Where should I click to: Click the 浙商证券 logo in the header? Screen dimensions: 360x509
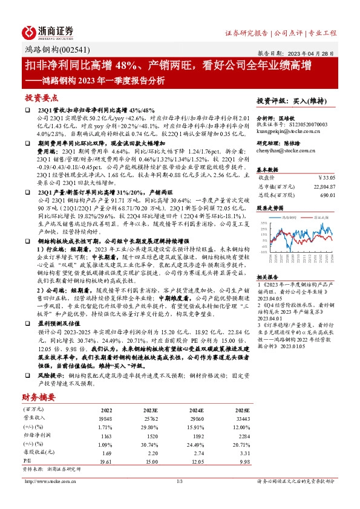(48, 31)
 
